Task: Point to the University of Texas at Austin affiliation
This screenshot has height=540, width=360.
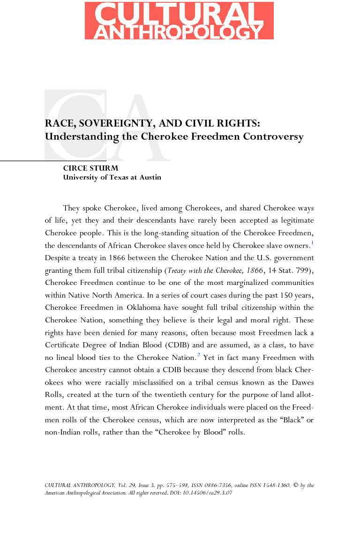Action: (x=112, y=177)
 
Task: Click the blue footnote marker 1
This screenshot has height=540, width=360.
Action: (x=312, y=242)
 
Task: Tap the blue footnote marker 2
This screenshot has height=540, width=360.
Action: (x=199, y=355)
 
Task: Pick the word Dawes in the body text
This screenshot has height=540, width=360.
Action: (x=301, y=383)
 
